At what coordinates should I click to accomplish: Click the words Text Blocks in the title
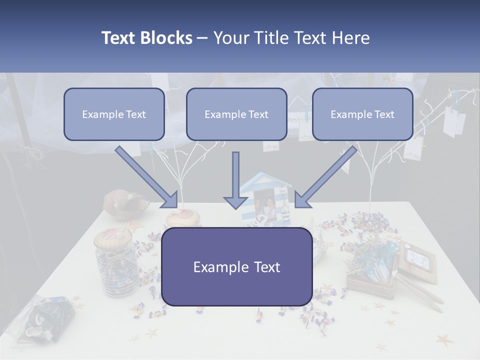[x=146, y=38]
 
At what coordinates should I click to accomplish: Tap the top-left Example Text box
[x=114, y=114]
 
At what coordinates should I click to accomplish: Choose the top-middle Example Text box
[x=236, y=114]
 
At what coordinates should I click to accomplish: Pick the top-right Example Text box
[x=362, y=114]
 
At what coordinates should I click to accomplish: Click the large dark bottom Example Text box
[x=237, y=266]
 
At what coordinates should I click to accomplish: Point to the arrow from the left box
[x=147, y=177]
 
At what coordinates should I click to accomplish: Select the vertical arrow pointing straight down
[x=235, y=180]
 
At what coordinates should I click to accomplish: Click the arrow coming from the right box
[x=325, y=177]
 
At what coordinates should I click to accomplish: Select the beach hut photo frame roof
[x=265, y=181]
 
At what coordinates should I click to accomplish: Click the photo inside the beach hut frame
[x=264, y=202]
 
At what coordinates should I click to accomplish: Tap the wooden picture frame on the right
[x=418, y=257]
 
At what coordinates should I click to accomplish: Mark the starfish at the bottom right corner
[x=444, y=341]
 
